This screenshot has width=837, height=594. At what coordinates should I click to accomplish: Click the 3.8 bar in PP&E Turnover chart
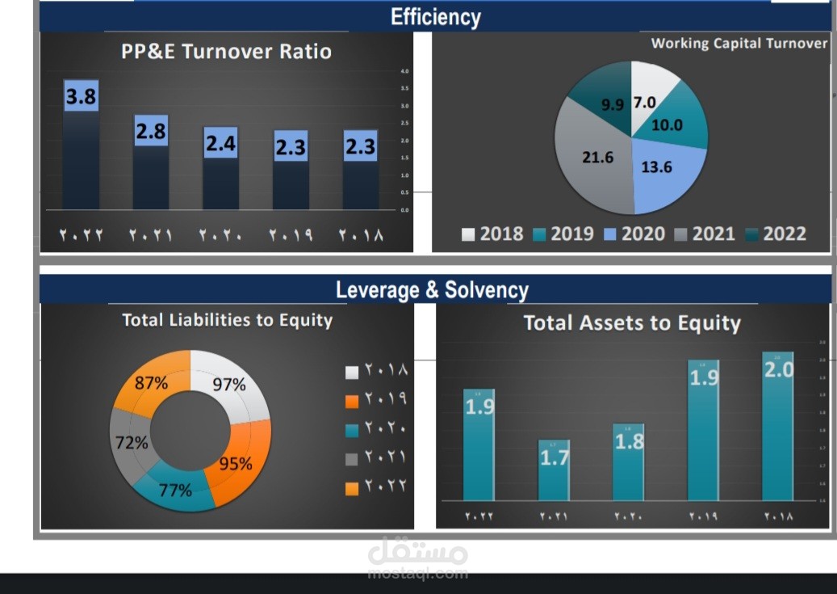(81, 145)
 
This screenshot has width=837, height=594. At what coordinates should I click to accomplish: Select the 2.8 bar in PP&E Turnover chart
(151, 166)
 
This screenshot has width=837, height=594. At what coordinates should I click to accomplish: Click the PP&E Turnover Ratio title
(226, 52)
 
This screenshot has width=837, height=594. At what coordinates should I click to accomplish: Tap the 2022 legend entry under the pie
(775, 234)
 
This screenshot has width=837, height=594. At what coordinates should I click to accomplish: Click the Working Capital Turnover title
(739, 44)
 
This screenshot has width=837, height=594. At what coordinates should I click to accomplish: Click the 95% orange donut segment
(238, 461)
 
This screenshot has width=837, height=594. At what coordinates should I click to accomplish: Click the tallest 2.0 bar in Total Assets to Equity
(778, 428)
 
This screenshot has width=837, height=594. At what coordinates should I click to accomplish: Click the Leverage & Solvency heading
(432, 289)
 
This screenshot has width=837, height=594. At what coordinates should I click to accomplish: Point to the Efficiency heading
(435, 17)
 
